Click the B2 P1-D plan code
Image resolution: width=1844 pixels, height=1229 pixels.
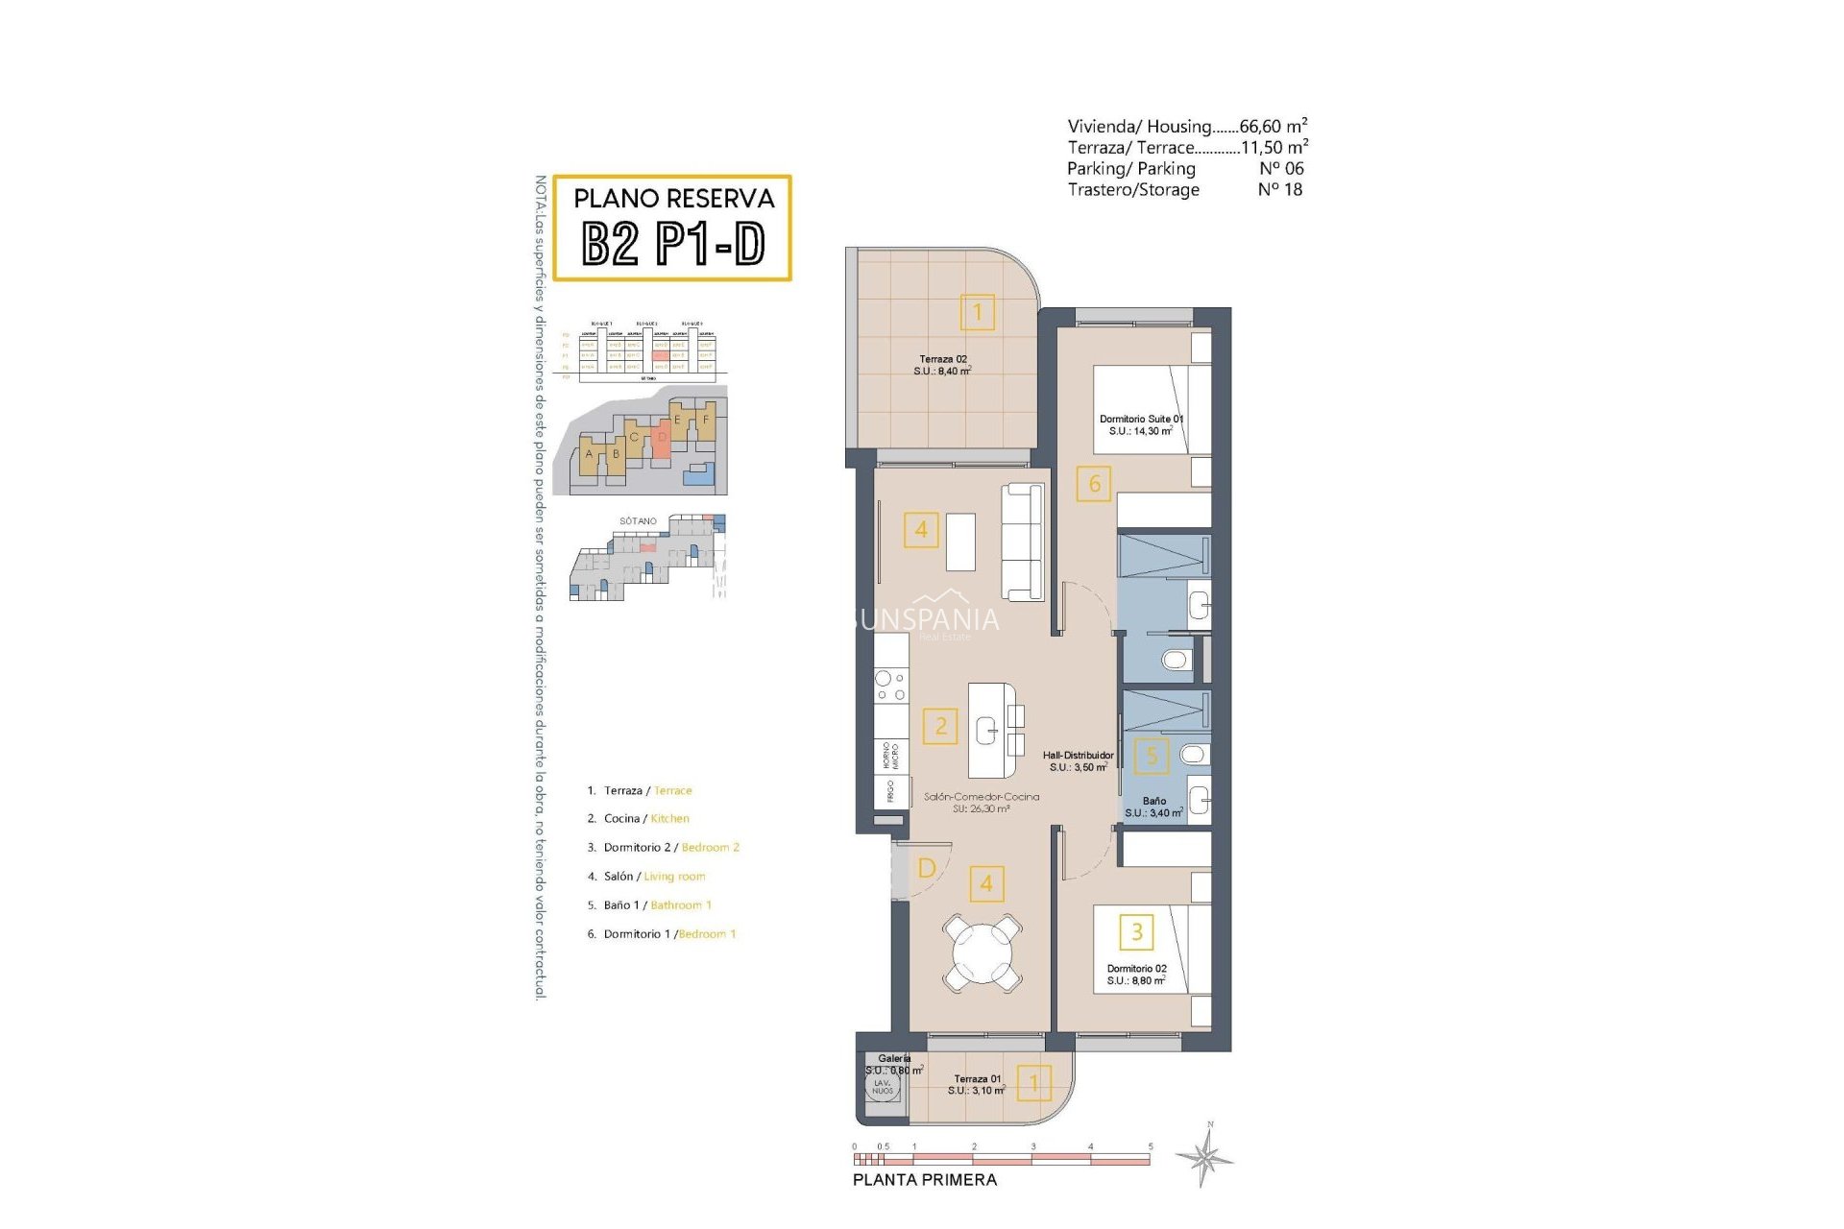point(673,244)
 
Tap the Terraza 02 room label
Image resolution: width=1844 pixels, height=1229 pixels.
point(942,365)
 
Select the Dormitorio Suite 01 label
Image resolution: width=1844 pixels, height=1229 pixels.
point(1141,425)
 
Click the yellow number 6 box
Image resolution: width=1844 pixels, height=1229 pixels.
point(1094,484)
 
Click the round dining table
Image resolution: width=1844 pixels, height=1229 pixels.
point(982,953)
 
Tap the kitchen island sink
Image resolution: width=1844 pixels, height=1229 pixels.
point(987,731)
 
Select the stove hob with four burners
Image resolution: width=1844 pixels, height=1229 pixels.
point(890,686)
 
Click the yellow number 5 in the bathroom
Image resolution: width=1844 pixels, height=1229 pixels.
point(1152,756)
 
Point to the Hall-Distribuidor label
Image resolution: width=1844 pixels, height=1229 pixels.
point(1079,761)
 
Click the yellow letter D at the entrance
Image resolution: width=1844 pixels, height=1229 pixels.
point(927,868)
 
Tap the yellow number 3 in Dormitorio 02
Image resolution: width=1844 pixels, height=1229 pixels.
point(1136,931)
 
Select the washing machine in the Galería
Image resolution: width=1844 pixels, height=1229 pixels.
point(882,1087)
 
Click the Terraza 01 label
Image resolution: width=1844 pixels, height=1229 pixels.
point(977,1084)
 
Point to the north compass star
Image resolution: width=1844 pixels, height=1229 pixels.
point(1206,1156)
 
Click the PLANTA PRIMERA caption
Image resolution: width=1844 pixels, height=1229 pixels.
point(924,1180)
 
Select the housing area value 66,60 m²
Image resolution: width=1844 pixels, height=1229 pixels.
point(1273,126)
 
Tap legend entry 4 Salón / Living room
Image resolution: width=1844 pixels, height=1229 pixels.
point(646,877)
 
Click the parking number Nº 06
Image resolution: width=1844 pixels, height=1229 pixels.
point(1281,168)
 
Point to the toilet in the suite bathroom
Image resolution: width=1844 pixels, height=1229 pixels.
point(1175,660)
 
